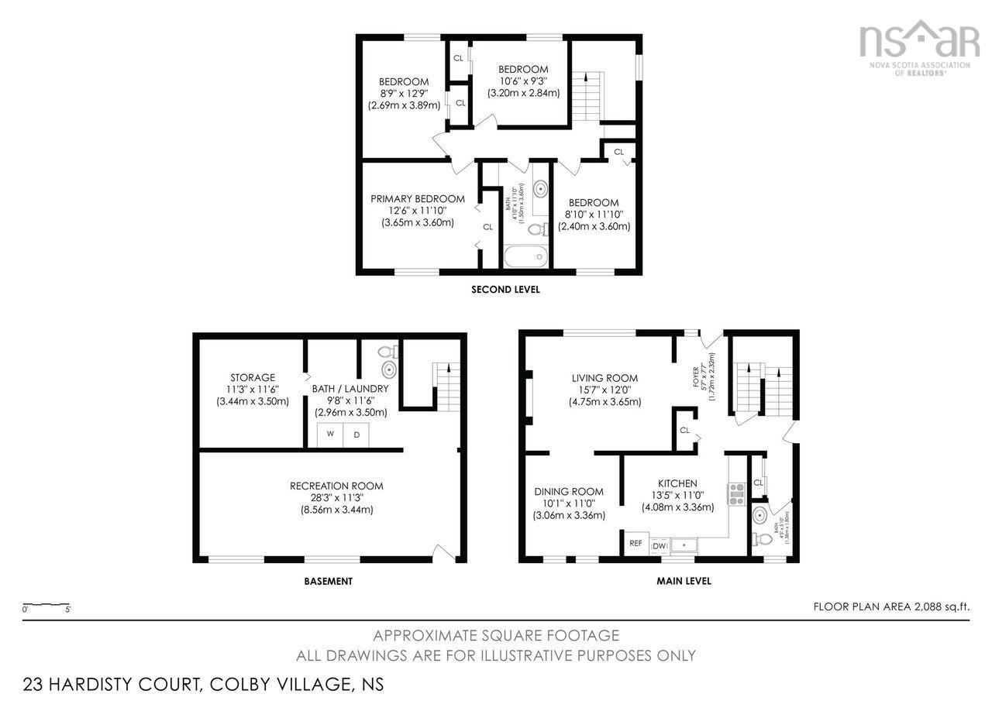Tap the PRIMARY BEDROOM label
pos(417,199)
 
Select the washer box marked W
pos(330,435)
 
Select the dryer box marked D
pos(356,435)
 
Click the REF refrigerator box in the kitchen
pos(635,544)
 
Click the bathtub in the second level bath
pos(525,257)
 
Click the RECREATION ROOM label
pos(336,486)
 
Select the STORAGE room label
pos(252,378)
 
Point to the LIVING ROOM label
pos(604,378)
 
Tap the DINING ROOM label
pos(568,492)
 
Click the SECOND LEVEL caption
pos(505,290)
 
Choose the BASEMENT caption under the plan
pos(329,581)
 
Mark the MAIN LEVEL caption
pos(683,581)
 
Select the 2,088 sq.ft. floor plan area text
pos(891,607)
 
